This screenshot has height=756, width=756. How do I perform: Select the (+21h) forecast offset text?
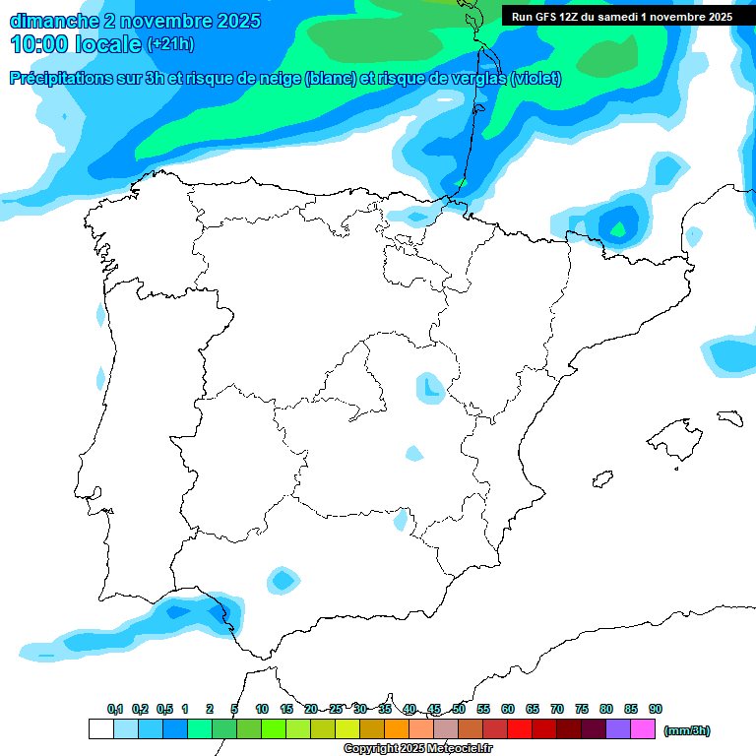point(171,44)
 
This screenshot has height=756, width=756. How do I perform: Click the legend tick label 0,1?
point(115,709)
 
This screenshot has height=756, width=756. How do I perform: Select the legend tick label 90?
point(656,709)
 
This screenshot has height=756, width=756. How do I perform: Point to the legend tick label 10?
point(262,709)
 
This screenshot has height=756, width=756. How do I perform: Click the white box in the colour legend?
point(100,728)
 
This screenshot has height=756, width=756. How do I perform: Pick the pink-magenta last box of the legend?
point(643,728)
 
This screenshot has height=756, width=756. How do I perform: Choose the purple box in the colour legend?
point(618,728)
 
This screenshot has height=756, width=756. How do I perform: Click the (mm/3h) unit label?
point(687,730)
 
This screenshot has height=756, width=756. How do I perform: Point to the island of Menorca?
point(729,417)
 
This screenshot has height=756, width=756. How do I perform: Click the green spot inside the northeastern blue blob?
point(617,230)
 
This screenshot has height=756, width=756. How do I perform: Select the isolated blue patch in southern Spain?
point(283,580)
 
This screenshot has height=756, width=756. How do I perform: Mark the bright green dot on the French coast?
point(461,183)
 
